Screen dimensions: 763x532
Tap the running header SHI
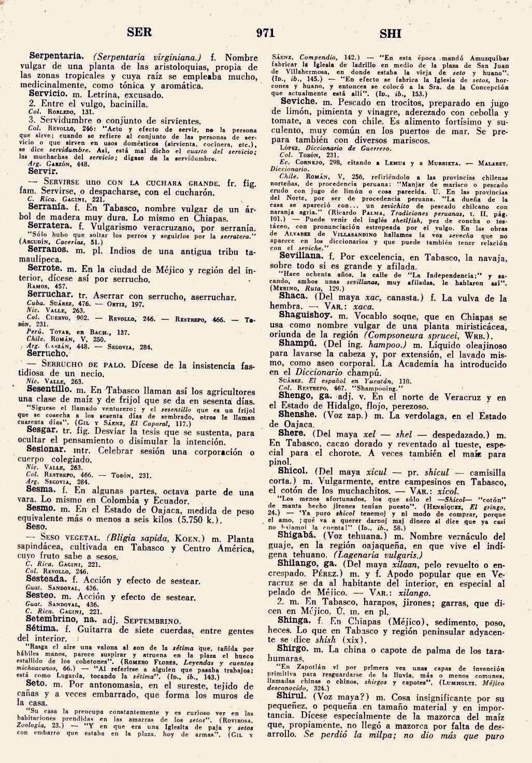[x=391, y=34]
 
